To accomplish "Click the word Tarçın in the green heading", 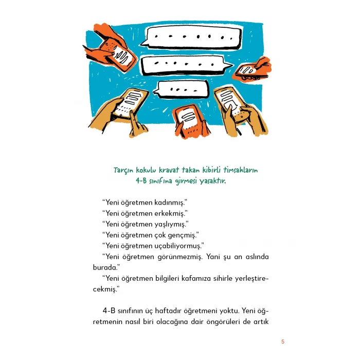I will pos(123,171).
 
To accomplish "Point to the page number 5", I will pos(283,341).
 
